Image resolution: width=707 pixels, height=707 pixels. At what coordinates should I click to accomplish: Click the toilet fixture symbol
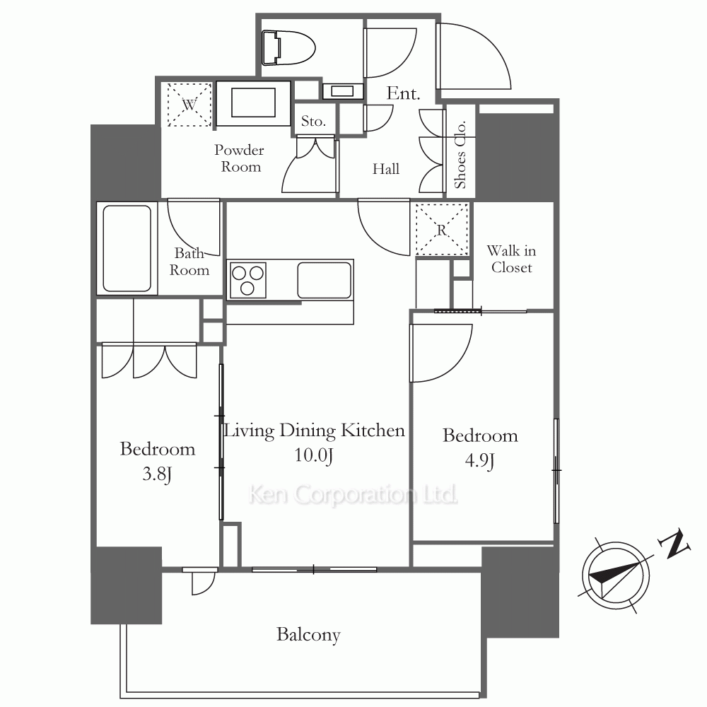click(x=288, y=47)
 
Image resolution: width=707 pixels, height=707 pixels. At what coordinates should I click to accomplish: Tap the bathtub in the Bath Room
click(x=127, y=248)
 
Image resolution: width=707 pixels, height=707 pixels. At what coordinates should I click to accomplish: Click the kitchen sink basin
click(x=325, y=280)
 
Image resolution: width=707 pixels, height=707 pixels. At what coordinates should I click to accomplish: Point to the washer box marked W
click(x=189, y=105)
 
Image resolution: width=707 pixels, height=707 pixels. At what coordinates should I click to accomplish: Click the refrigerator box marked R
click(x=442, y=230)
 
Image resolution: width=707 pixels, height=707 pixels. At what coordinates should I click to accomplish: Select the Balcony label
click(x=308, y=635)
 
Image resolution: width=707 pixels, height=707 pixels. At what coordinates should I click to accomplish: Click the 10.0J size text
click(x=314, y=455)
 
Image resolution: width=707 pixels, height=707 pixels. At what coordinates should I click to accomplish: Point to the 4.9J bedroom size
click(x=480, y=461)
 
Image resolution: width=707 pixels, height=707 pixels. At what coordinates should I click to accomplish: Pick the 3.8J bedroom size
click(x=157, y=474)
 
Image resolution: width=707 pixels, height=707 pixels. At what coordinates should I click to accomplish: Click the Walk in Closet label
click(x=512, y=259)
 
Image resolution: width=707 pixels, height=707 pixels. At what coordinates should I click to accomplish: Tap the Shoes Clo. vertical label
click(x=460, y=155)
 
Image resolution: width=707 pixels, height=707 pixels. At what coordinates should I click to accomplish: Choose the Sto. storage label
click(x=313, y=121)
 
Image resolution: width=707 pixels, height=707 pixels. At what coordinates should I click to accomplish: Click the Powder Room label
click(x=240, y=158)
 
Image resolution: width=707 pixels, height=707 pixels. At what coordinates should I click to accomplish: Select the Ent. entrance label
click(x=403, y=93)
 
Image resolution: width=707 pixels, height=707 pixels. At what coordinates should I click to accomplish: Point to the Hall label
click(x=386, y=169)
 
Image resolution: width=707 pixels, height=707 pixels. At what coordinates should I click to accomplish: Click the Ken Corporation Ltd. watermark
click(x=353, y=495)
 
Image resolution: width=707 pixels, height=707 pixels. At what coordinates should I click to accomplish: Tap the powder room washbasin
click(x=253, y=103)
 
